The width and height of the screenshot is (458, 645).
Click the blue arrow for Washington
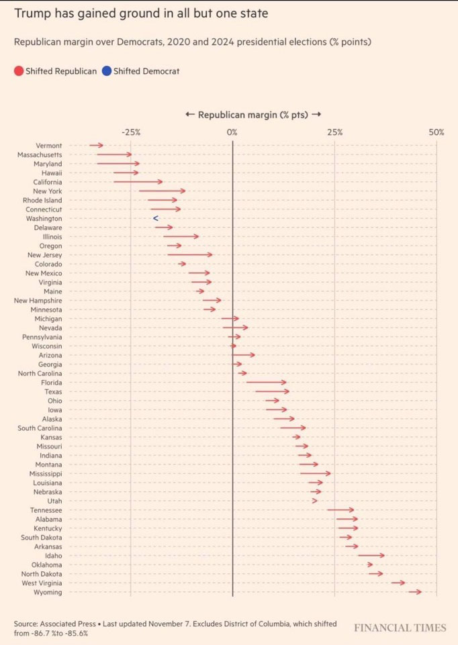pyautogui.click(x=155, y=218)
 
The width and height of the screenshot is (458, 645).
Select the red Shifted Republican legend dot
pyautogui.click(x=18, y=71)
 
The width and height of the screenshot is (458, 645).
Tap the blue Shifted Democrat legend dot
pyautogui.click(x=107, y=71)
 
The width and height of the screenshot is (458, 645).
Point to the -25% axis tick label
pyautogui.click(x=131, y=132)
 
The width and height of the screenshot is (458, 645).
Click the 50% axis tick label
pyautogui.click(x=437, y=132)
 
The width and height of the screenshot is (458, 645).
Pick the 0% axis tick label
pyautogui.click(x=232, y=132)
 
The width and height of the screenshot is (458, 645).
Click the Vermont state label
pyautogui.click(x=49, y=146)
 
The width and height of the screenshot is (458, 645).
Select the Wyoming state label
pyautogui.click(x=48, y=592)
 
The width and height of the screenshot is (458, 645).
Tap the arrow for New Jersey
pyautogui.click(x=189, y=255)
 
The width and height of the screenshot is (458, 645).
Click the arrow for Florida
pyautogui.click(x=266, y=383)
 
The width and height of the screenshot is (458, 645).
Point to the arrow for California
pyautogui.click(x=138, y=182)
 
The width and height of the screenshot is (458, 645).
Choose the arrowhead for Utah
pyautogui.click(x=314, y=501)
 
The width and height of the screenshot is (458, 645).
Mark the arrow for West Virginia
pyautogui.click(x=398, y=583)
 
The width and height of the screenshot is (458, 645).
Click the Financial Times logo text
pyautogui.click(x=400, y=628)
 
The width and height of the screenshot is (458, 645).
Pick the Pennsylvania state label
pyautogui.click(x=42, y=337)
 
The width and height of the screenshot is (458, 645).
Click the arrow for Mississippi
pyautogui.click(x=315, y=474)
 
